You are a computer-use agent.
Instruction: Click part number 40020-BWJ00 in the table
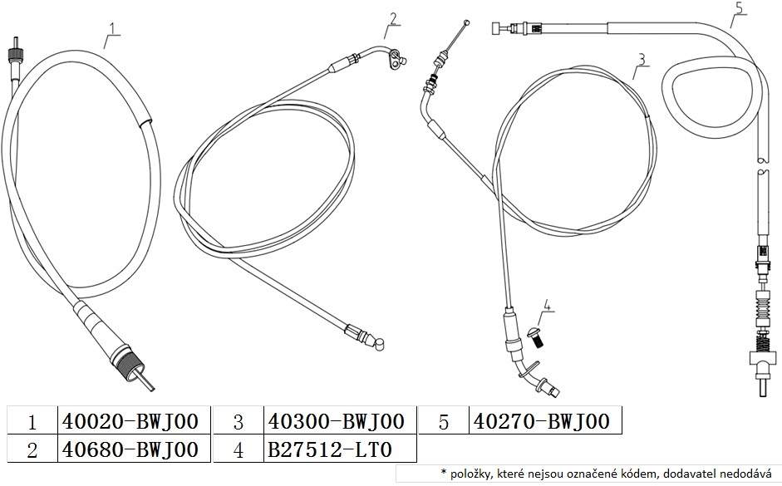pos(130,421)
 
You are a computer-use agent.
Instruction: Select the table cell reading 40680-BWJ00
pos(130,449)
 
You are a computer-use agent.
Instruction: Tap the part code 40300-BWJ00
pos(336,421)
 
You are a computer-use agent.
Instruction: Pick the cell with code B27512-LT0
pos(330,449)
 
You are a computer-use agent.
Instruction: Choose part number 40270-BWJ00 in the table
pos(542,421)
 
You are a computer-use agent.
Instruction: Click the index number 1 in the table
pos(32,423)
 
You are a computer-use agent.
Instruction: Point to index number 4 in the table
pos(239,450)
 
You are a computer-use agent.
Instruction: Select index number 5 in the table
pos(444,423)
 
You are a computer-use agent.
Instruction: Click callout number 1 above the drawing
pos(113,28)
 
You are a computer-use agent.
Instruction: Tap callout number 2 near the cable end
pos(393,18)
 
